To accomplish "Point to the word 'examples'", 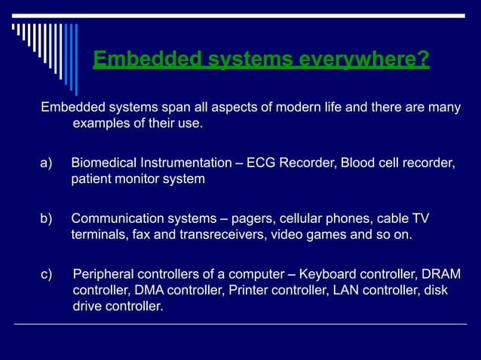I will point(99,123).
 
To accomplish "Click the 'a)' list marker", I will point(47,163).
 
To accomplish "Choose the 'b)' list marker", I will point(47,218).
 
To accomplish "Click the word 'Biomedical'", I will point(104,163).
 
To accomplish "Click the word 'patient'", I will point(92,179).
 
